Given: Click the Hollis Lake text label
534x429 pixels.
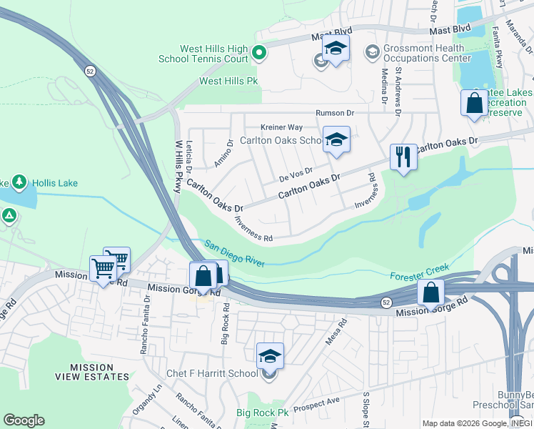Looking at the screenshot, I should (x=54, y=183).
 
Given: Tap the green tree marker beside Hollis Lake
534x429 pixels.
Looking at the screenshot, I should (x=19, y=183).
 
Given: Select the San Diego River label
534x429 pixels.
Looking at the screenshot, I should (x=234, y=254).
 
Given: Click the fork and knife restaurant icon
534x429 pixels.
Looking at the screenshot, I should (x=403, y=156).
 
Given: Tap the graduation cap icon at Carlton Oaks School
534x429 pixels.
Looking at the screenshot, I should (x=336, y=139).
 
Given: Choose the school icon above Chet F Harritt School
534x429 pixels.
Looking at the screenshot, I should (x=270, y=355).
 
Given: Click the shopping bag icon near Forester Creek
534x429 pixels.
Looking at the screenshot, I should (x=431, y=292).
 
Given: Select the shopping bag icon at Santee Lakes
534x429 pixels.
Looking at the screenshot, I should (x=474, y=102).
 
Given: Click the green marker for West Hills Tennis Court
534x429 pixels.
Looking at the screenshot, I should (x=259, y=51).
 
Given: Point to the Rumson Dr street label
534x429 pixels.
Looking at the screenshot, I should (x=336, y=113).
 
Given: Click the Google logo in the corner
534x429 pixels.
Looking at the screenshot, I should (x=24, y=420).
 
